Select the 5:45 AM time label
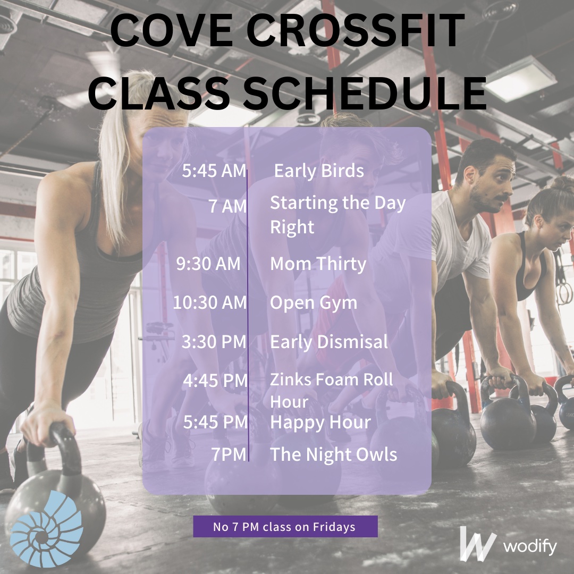pos(214,171)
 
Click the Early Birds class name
pos(319,171)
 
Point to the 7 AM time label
pos(227,206)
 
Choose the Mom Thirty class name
pos(318,264)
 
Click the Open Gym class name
pos(314,303)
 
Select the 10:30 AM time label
pos(210,303)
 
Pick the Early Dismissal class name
pos(329,342)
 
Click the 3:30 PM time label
pos(214,342)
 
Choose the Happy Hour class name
pos(320,423)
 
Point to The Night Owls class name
pos(333,454)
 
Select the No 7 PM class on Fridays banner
pos(285,527)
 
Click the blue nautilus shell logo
pos(47,528)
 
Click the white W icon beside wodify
pos(477,543)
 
